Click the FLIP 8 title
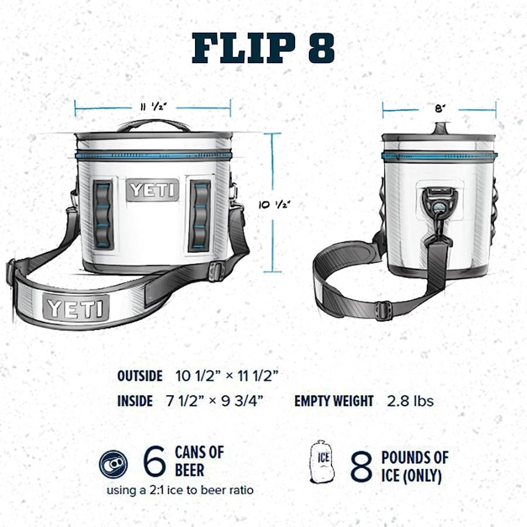(x=263, y=47)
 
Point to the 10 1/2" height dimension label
(x=275, y=204)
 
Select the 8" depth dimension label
(x=439, y=108)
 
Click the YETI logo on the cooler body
(x=152, y=190)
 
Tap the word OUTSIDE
(x=139, y=376)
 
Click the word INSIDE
(x=135, y=401)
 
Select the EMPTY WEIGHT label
(x=334, y=401)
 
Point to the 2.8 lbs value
(x=410, y=401)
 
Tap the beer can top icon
(x=113, y=464)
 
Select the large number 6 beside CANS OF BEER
(x=154, y=463)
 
